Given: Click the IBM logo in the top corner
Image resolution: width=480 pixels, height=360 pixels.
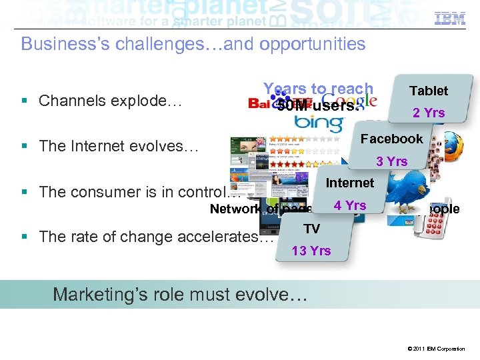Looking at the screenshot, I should click(449, 18).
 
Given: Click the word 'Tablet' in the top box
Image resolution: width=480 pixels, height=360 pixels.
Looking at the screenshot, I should click(429, 91).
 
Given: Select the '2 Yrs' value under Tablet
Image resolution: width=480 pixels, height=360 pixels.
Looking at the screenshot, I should click(429, 113).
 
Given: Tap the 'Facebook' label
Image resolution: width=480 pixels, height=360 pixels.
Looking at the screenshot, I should click(391, 139).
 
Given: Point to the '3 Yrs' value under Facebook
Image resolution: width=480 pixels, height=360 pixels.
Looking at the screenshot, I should click(391, 161).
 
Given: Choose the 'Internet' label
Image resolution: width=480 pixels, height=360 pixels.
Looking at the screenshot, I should click(350, 183).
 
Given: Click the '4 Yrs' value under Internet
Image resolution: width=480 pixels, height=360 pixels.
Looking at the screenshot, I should click(350, 205).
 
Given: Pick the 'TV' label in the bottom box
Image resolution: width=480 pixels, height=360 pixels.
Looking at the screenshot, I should click(311, 229).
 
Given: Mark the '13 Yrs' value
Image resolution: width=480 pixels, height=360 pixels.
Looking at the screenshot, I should click(311, 251).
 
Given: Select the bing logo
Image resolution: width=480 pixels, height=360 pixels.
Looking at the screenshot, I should click(318, 123).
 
